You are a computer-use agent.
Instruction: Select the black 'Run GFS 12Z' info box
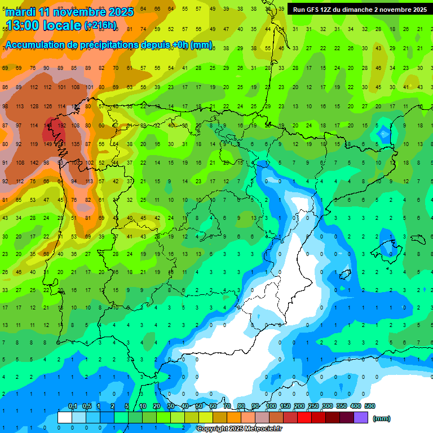(x=359, y=10)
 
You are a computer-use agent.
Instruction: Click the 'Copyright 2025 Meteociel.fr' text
(x=239, y=429)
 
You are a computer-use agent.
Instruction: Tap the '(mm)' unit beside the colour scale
(x=382, y=418)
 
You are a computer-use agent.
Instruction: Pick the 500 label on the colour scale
(x=369, y=407)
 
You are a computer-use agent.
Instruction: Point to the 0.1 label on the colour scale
(x=73, y=407)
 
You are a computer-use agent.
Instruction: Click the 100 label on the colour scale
(x=271, y=407)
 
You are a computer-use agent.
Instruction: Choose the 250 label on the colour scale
(x=313, y=407)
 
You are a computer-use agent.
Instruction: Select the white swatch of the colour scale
(x=65, y=418)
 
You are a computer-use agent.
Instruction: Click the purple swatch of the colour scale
(x=361, y=418)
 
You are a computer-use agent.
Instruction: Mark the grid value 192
(x=62, y=126)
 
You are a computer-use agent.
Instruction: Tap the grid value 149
(x=48, y=144)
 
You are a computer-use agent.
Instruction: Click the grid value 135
(x=76, y=144)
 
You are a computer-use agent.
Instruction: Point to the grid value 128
(x=34, y=107)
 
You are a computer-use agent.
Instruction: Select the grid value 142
(x=34, y=163)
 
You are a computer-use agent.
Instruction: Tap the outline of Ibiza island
(x=345, y=276)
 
